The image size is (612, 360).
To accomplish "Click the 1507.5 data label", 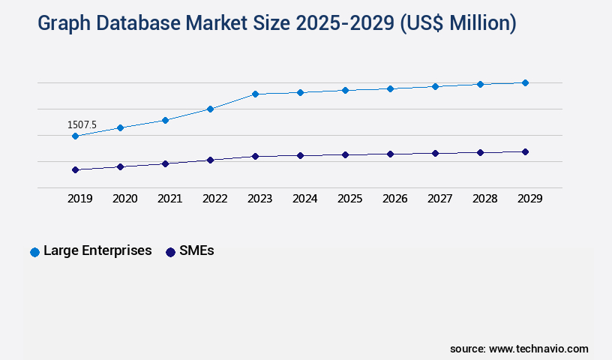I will [82, 124].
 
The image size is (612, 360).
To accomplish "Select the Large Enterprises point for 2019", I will [75, 136].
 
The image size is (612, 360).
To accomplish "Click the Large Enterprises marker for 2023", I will [255, 94].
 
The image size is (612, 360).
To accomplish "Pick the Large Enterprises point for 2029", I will [525, 82].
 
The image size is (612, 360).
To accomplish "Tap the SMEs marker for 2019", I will [75, 169].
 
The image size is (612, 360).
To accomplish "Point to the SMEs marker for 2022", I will [210, 160].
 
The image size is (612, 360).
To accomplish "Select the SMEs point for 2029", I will [525, 151].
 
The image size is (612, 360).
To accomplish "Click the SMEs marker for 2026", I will [390, 154].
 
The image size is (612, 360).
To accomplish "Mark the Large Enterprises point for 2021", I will [165, 120].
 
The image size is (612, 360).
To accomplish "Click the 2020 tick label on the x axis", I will [124, 199].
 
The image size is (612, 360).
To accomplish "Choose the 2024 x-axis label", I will [304, 199].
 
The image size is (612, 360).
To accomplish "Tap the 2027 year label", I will [439, 199].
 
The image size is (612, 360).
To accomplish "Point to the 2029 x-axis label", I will [529, 199].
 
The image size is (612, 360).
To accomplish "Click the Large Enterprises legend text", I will [97, 250].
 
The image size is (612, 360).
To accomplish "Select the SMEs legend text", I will [196, 250].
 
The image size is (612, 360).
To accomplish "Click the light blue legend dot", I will [34, 252].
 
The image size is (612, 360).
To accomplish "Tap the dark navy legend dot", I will [170, 252].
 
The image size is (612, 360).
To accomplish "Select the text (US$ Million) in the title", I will [457, 23].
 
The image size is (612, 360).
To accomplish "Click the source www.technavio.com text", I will [519, 349].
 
